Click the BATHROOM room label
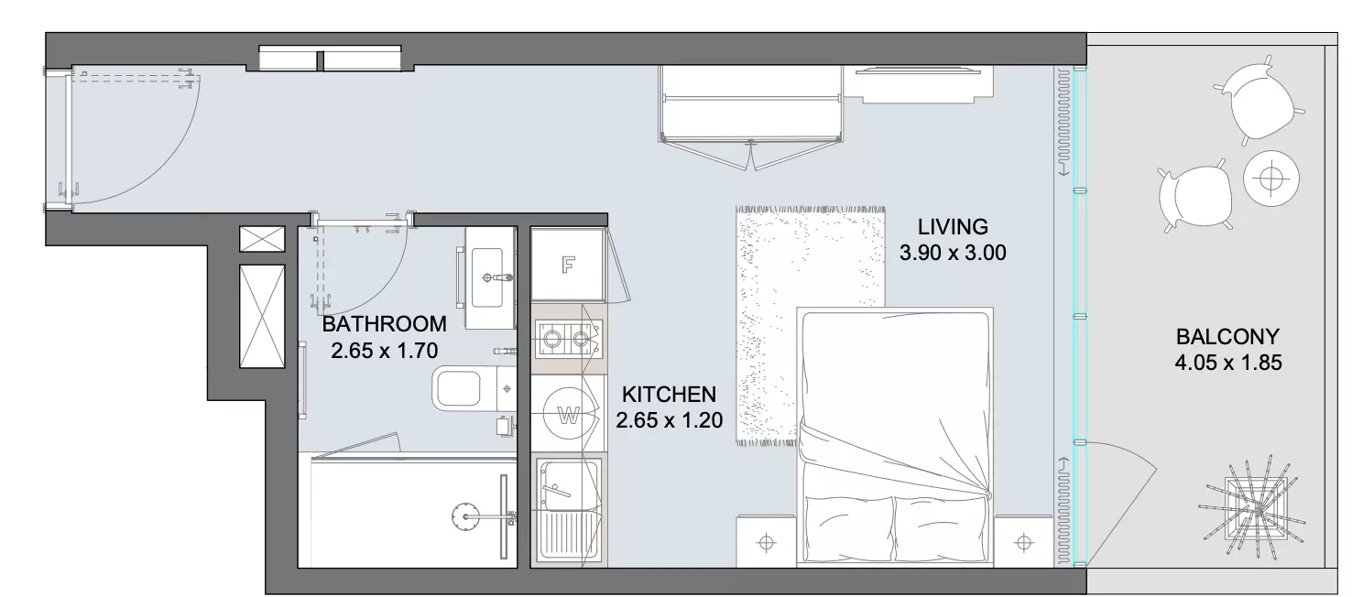[384, 324]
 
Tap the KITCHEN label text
[669, 395]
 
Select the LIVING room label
[953, 227]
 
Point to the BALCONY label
[1227, 336]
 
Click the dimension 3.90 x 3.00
[953, 253]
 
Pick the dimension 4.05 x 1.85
[1228, 363]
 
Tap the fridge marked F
[568, 265]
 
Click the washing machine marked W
[568, 413]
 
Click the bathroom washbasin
[488, 277]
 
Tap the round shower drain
[465, 516]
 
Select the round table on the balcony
[1271, 179]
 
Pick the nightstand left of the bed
[767, 541]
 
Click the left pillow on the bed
[849, 528]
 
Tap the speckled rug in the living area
[810, 325]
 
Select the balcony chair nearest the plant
[1195, 196]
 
